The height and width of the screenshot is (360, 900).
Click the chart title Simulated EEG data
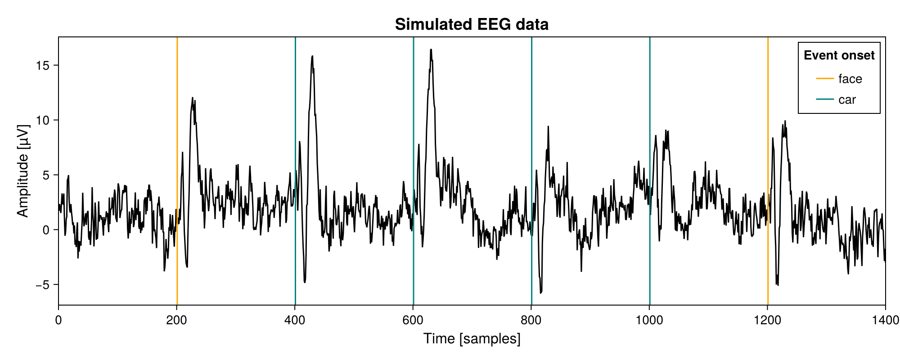[472, 24]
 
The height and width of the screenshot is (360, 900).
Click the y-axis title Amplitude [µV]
[22, 171]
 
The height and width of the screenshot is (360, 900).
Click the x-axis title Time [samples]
[472, 338]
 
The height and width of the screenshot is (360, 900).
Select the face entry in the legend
[850, 79]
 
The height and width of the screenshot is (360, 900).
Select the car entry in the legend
[846, 99]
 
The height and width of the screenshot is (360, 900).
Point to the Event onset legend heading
[839, 55]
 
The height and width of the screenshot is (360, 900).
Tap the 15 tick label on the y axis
[43, 65]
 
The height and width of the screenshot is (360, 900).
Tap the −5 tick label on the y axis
[43, 285]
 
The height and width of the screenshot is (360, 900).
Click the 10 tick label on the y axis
[43, 120]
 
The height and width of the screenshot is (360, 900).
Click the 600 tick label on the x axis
[413, 320]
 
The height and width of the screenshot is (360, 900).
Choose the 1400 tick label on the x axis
[885, 320]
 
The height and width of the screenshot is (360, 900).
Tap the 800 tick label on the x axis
[531, 320]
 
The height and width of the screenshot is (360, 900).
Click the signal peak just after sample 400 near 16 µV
[312, 56]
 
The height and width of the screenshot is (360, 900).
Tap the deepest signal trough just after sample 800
[540, 292]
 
